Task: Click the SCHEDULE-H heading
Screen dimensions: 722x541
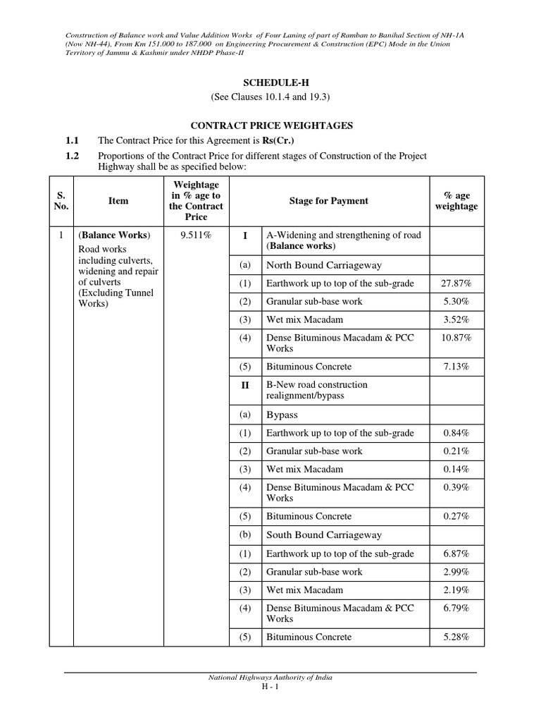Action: point(271,82)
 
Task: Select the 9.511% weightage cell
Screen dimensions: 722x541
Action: point(197,235)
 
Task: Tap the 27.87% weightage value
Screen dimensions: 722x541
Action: point(456,283)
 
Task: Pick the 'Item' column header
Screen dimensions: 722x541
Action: point(118,201)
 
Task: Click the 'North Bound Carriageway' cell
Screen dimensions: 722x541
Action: point(323,265)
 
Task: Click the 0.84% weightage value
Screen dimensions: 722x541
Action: point(456,433)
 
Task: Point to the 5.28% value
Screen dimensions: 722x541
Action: point(456,637)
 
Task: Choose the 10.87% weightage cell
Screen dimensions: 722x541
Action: point(456,338)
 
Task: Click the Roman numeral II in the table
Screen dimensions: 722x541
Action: point(244,385)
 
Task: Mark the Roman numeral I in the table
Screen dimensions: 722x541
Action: point(244,235)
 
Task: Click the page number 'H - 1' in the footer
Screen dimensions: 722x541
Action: point(270,687)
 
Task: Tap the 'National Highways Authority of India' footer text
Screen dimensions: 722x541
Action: point(270,677)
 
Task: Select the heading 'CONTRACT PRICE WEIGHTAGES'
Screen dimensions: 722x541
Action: point(271,126)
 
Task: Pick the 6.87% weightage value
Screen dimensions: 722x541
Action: point(456,553)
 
